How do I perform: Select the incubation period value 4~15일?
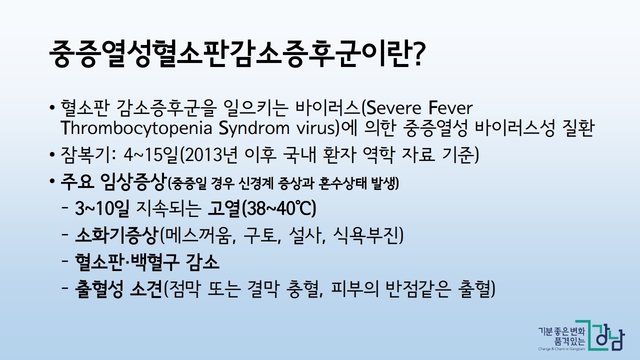pyautogui.click(x=151, y=155)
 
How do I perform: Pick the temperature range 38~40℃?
pyautogui.click(x=278, y=209)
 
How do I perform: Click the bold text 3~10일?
pyautogui.click(x=101, y=208)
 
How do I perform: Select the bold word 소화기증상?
pyautogui.click(x=115, y=235)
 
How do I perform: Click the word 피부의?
pyautogui.click(x=355, y=289)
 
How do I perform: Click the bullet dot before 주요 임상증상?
pyautogui.click(x=51, y=181)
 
